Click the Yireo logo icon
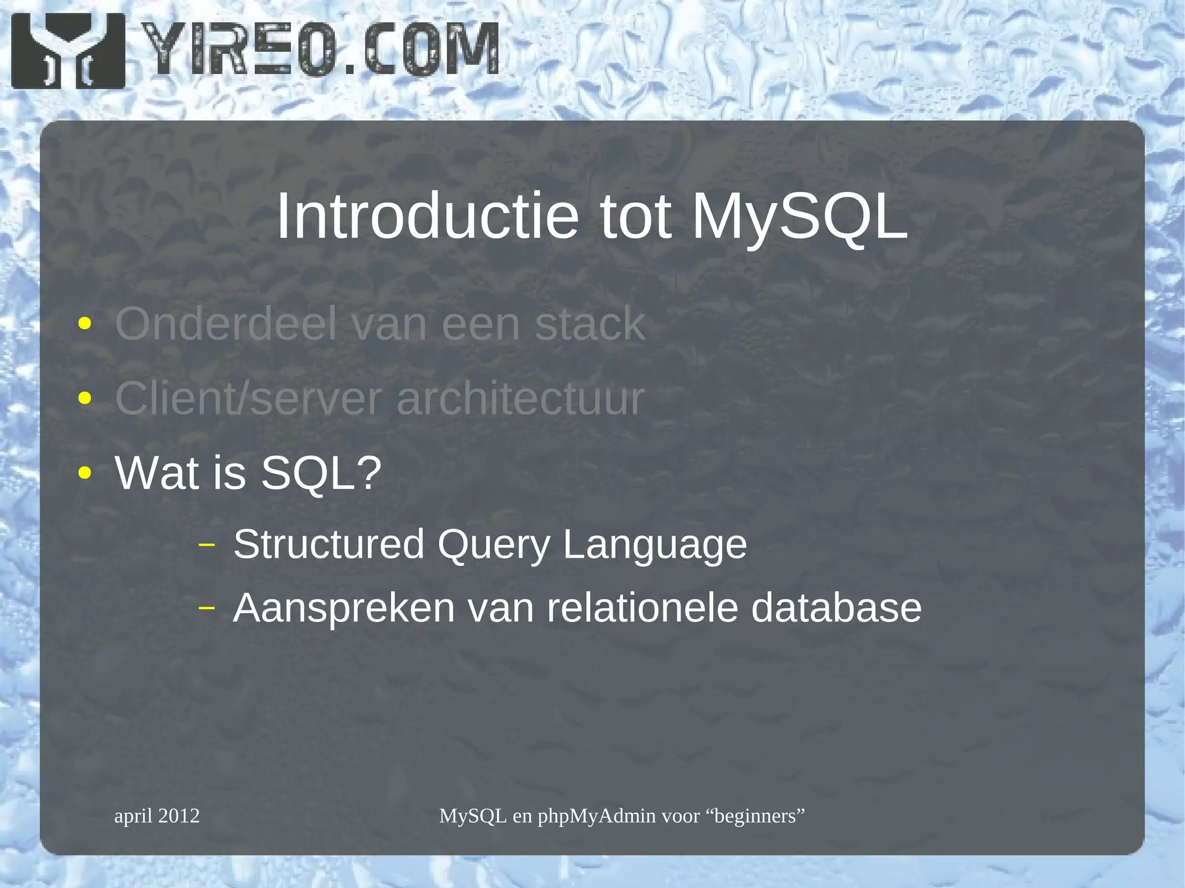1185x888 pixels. click(x=68, y=51)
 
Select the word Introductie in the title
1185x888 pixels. click(x=427, y=216)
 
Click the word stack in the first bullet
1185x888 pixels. click(x=589, y=324)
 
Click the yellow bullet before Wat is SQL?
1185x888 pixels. click(x=85, y=473)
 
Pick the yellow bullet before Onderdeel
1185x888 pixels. click(x=85, y=323)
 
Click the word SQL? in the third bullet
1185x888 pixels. click(x=321, y=473)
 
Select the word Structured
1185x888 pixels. click(x=329, y=544)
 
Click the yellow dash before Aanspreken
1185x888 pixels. click(x=207, y=608)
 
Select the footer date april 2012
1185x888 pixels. click(x=157, y=816)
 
